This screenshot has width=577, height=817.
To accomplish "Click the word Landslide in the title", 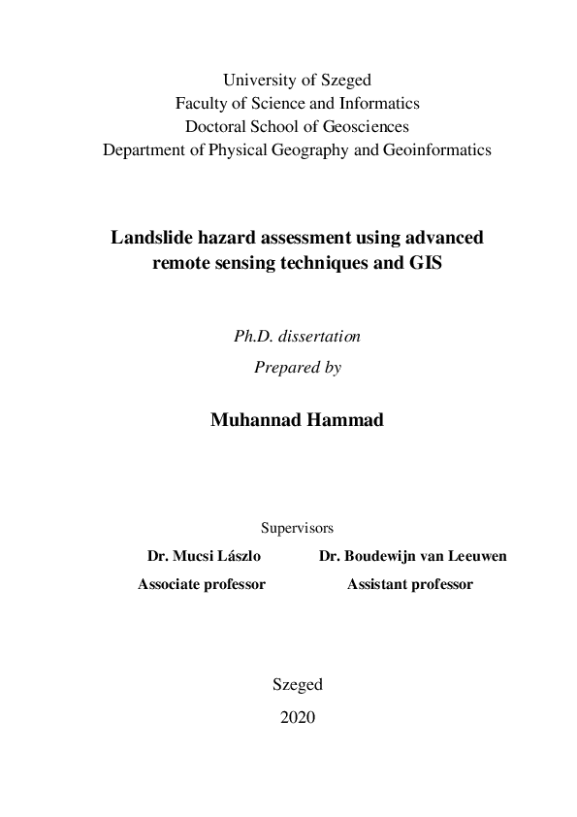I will (x=151, y=237).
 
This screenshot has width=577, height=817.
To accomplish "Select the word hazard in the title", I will (x=225, y=237).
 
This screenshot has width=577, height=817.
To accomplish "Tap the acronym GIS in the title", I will (x=424, y=262).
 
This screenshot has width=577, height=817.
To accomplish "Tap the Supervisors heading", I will (x=297, y=529).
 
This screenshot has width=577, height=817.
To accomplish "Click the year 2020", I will (x=297, y=717).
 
